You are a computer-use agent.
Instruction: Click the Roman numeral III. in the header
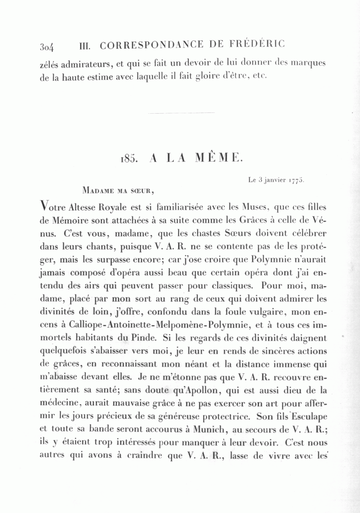coord(85,46)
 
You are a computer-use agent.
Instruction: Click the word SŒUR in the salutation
coord(139,191)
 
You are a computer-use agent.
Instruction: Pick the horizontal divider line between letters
coord(181,113)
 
